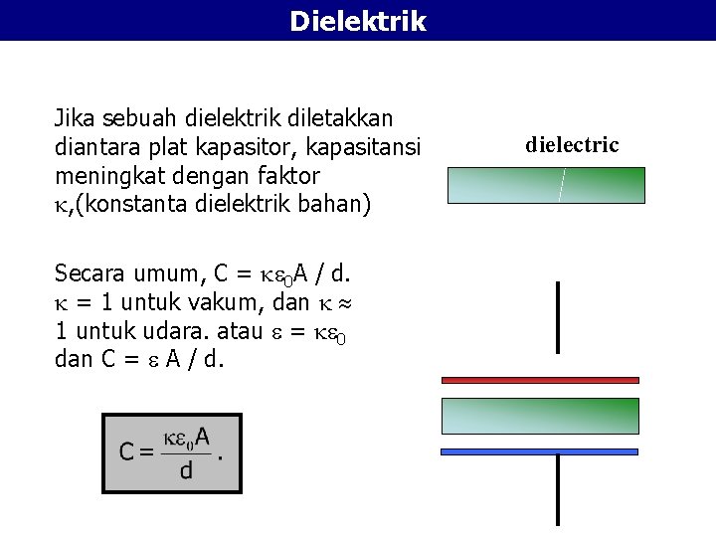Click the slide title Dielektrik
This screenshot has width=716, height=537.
(358, 20)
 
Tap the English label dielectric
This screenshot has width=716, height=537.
(572, 145)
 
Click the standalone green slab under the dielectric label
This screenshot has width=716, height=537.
(546, 185)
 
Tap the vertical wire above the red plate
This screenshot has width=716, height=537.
(558, 316)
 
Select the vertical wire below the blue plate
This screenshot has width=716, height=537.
(558, 490)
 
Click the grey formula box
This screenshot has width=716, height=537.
(172, 452)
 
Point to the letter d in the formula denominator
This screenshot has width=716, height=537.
(186, 471)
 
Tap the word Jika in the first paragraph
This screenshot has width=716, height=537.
(74, 118)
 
